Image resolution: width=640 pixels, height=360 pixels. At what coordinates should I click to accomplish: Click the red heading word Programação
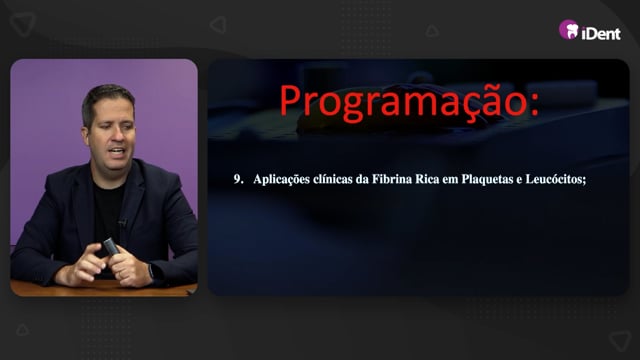pyautogui.click(x=402, y=103)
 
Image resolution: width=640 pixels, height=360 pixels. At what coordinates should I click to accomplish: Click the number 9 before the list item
pyautogui.click(x=237, y=179)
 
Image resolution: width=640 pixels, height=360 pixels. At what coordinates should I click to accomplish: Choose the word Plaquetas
pyautogui.click(x=487, y=180)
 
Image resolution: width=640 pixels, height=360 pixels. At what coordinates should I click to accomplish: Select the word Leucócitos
pyautogui.click(x=555, y=179)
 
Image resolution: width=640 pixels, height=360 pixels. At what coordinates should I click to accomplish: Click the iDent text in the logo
pyautogui.click(x=601, y=33)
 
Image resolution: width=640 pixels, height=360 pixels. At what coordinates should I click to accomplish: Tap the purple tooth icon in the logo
pyautogui.click(x=569, y=30)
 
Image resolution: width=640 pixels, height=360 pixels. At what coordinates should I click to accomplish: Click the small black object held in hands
pyautogui.click(x=111, y=247)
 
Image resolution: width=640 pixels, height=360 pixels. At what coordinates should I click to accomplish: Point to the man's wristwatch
pyautogui.click(x=151, y=271)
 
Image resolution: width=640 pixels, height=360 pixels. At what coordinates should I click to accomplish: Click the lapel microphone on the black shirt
pyautogui.click(x=122, y=223)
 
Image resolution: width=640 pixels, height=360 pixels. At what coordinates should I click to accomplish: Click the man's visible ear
pyautogui.click(x=86, y=136)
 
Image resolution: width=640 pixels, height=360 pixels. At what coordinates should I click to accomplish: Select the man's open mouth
pyautogui.click(x=118, y=151)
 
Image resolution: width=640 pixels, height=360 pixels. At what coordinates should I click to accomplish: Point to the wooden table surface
pyautogui.click(x=102, y=289)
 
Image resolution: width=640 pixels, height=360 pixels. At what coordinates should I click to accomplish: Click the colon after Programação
pyautogui.click(x=533, y=105)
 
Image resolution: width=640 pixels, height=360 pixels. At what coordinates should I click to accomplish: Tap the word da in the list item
pyautogui.click(x=362, y=179)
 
